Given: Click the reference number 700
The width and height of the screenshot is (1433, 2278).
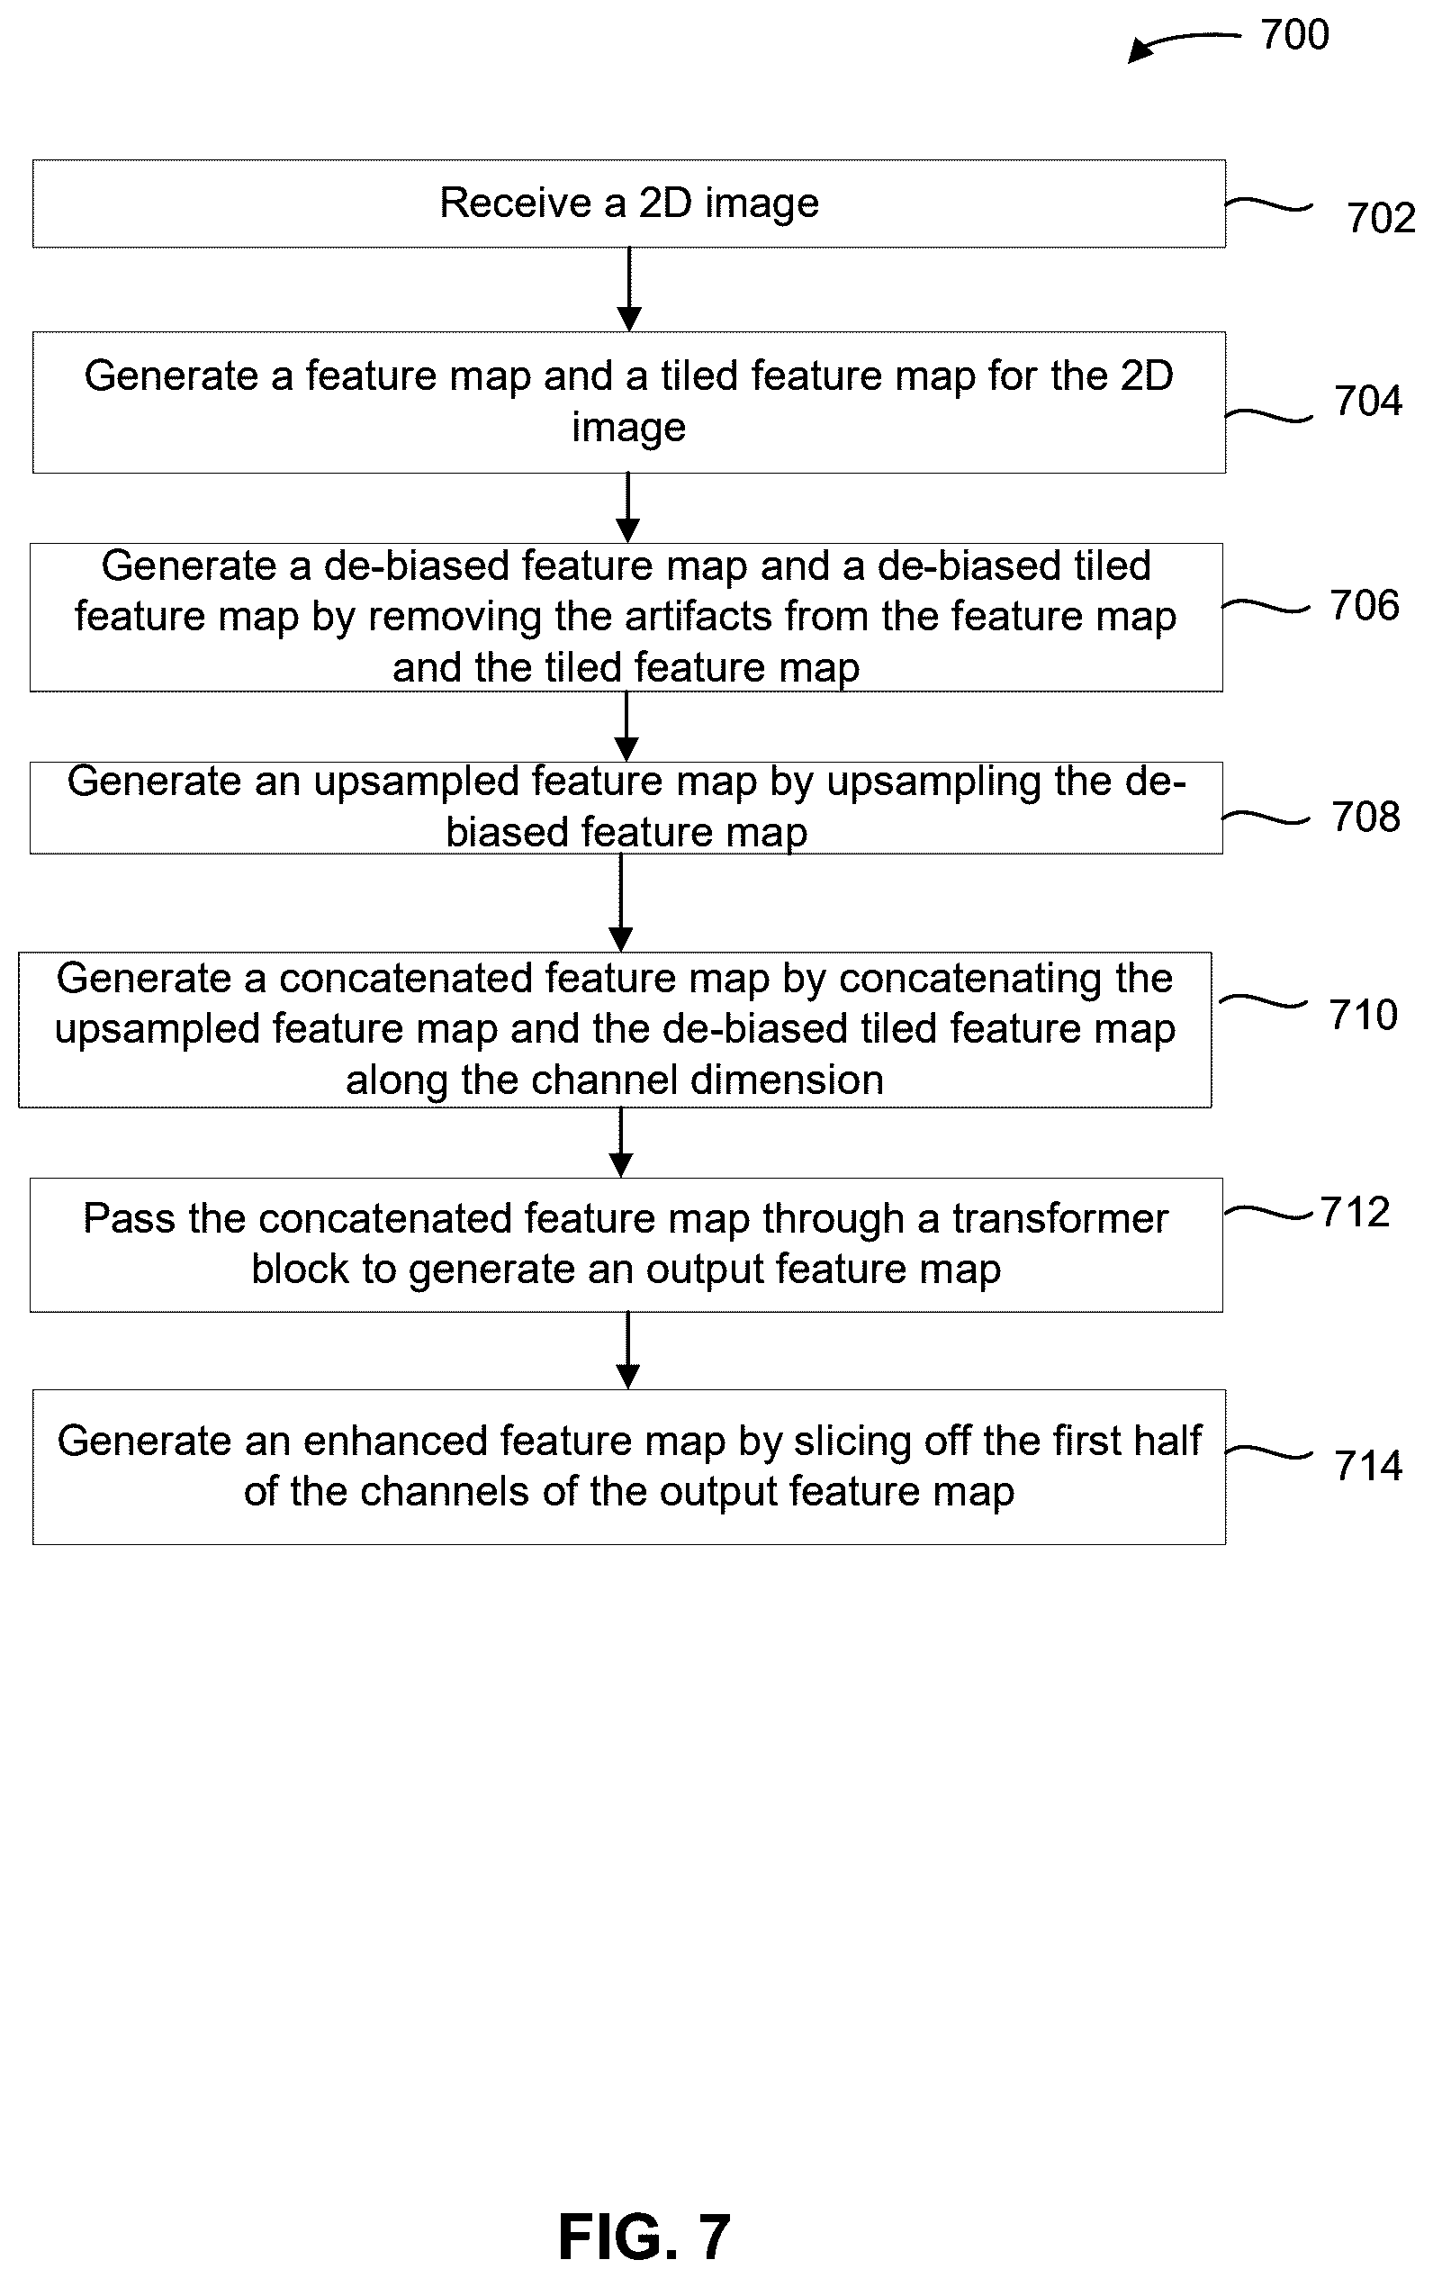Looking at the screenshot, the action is [x=1294, y=35].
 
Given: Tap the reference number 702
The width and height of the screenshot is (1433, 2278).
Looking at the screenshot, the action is [x=1381, y=219].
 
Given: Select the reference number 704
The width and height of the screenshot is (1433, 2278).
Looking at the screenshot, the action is [x=1367, y=401].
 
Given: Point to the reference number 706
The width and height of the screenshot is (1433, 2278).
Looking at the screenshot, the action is [x=1364, y=605].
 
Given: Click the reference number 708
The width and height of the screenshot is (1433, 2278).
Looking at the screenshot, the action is [x=1365, y=818].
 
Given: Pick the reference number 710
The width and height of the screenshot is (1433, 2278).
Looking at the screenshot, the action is [x=1363, y=1015].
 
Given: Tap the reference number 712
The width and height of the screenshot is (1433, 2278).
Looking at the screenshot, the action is [x=1355, y=1213].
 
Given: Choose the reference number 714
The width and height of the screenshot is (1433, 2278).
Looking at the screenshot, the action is [x=1367, y=1467].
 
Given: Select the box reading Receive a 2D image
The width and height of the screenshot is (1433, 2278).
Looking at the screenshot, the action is [x=629, y=203].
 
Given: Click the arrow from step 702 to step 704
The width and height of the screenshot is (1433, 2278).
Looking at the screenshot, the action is [x=629, y=290].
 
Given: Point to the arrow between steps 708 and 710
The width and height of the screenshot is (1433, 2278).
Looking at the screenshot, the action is [x=620, y=902].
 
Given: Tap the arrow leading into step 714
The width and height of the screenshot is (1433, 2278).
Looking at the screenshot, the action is [x=628, y=1350].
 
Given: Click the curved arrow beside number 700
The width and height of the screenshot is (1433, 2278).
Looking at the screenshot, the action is [x=1183, y=42].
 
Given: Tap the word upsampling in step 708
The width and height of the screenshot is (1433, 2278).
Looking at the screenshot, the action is [x=934, y=783].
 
